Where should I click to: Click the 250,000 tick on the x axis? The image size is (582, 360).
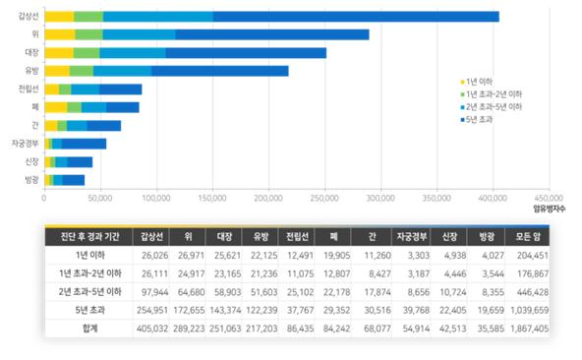point(325,198)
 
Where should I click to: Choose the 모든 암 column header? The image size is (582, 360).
point(524,237)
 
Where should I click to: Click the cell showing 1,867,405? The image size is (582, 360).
point(524,327)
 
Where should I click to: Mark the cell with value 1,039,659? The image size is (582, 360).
point(524,309)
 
